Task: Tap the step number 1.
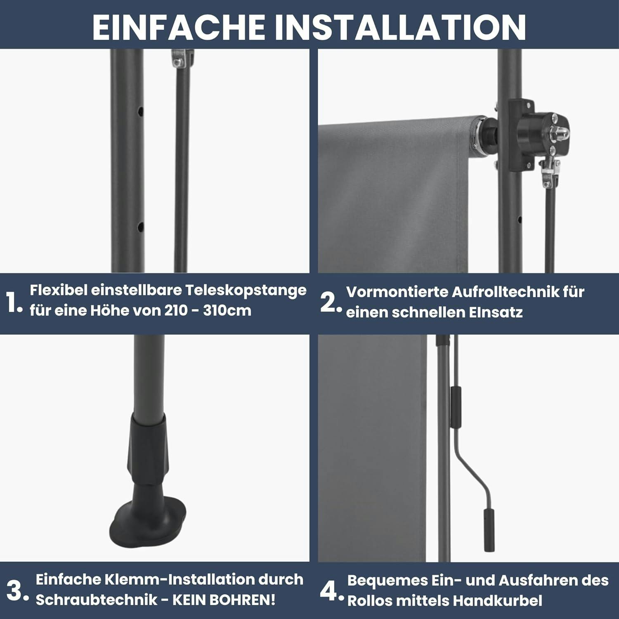[x=14, y=303]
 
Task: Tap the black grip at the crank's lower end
[x=489, y=530]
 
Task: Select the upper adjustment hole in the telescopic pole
[x=141, y=111]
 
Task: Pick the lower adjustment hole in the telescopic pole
[x=141, y=227]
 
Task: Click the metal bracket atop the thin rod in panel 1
[x=182, y=59]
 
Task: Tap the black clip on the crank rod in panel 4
[x=456, y=407]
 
